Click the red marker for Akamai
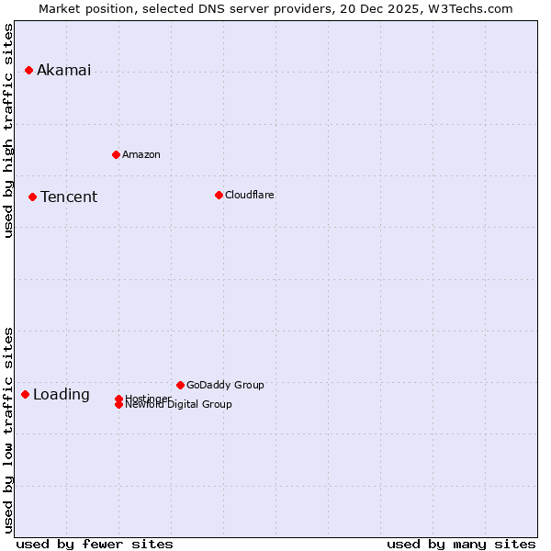pyautogui.click(x=28, y=70)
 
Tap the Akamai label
pyautogui.click(x=63, y=70)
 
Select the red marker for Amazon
pyautogui.click(x=116, y=154)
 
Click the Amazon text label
pyautogui.click(x=141, y=154)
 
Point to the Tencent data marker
pyautogui.click(x=32, y=197)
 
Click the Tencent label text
pyautogui.click(x=69, y=197)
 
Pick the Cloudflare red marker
pyautogui.click(x=219, y=195)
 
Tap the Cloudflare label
pyautogui.click(x=250, y=195)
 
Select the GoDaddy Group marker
pyautogui.click(x=180, y=385)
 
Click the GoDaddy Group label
pyautogui.click(x=225, y=385)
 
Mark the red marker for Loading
pyautogui.click(x=25, y=394)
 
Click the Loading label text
pyautogui.click(x=62, y=395)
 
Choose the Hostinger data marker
pyautogui.click(x=118, y=399)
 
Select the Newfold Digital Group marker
pyautogui.click(x=118, y=405)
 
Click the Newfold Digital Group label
pyautogui.click(x=179, y=405)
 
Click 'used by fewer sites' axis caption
pyautogui.click(x=95, y=545)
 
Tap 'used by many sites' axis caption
pyautogui.click(x=461, y=545)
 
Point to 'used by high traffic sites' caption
pyautogui.click(x=8, y=130)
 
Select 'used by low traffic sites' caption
pyautogui.click(x=8, y=429)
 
